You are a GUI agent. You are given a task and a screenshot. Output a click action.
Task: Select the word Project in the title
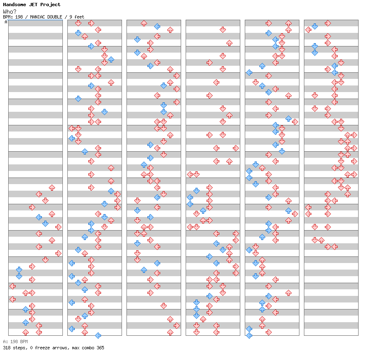click(x=50, y=5)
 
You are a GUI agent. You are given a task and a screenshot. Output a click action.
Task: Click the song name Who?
click(x=9, y=12)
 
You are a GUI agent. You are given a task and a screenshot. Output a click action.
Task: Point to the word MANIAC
click(x=37, y=17)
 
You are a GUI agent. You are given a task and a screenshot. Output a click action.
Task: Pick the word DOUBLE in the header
click(x=55, y=17)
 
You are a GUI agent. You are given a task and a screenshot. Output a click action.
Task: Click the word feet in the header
click(x=79, y=17)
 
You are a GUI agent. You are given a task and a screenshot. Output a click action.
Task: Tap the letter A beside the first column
click(x=6, y=22)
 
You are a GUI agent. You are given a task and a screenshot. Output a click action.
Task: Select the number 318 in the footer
click(x=7, y=348)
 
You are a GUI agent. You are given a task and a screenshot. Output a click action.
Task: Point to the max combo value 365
click(x=100, y=348)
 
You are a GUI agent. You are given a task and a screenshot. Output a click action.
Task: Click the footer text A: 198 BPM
click(x=15, y=342)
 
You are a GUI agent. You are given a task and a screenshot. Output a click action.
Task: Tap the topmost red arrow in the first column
click(x=52, y=188)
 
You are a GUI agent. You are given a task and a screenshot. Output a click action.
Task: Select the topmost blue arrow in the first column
click(x=39, y=217)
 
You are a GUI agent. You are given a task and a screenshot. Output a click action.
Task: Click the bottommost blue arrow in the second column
click(x=98, y=336)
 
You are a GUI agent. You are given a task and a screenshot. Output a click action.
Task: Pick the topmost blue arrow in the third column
click(x=157, y=27)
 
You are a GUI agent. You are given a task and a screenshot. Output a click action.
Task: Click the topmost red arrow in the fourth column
click(x=223, y=30)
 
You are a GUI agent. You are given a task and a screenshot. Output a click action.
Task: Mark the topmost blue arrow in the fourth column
click(x=196, y=191)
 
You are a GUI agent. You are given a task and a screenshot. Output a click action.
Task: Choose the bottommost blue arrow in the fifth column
click(x=249, y=336)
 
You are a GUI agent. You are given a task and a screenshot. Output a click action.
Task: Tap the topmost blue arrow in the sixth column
click(x=315, y=27)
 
